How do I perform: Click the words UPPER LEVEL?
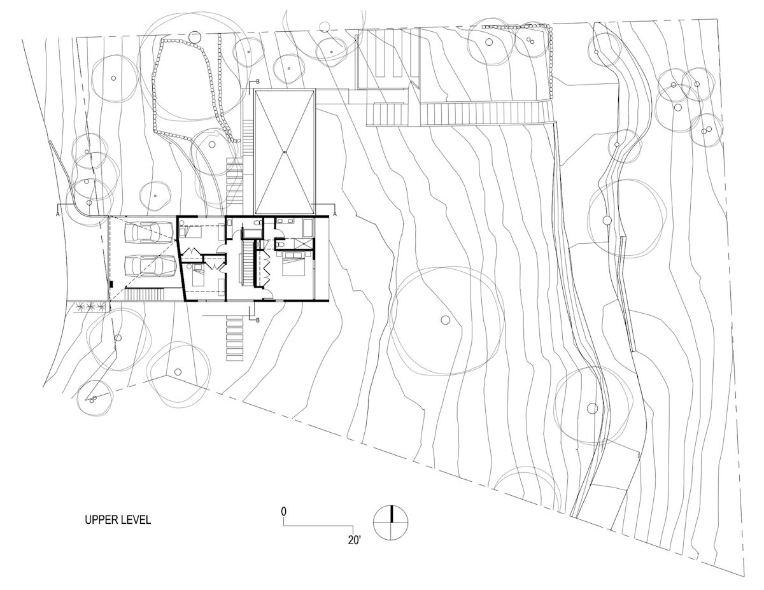pos(118,520)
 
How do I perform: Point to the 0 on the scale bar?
pos(283,511)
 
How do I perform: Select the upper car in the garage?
pos(149,232)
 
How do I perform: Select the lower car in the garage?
pos(150,266)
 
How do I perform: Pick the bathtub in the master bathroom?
pos(308,228)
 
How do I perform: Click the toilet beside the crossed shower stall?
pos(280,244)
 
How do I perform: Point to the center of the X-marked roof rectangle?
pos(284,152)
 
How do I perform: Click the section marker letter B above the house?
pos(257,81)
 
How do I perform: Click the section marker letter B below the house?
pos(258,320)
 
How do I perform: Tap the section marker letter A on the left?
pos(57,213)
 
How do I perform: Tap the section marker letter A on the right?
pos(335,213)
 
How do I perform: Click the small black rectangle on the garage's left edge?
pos(111,284)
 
